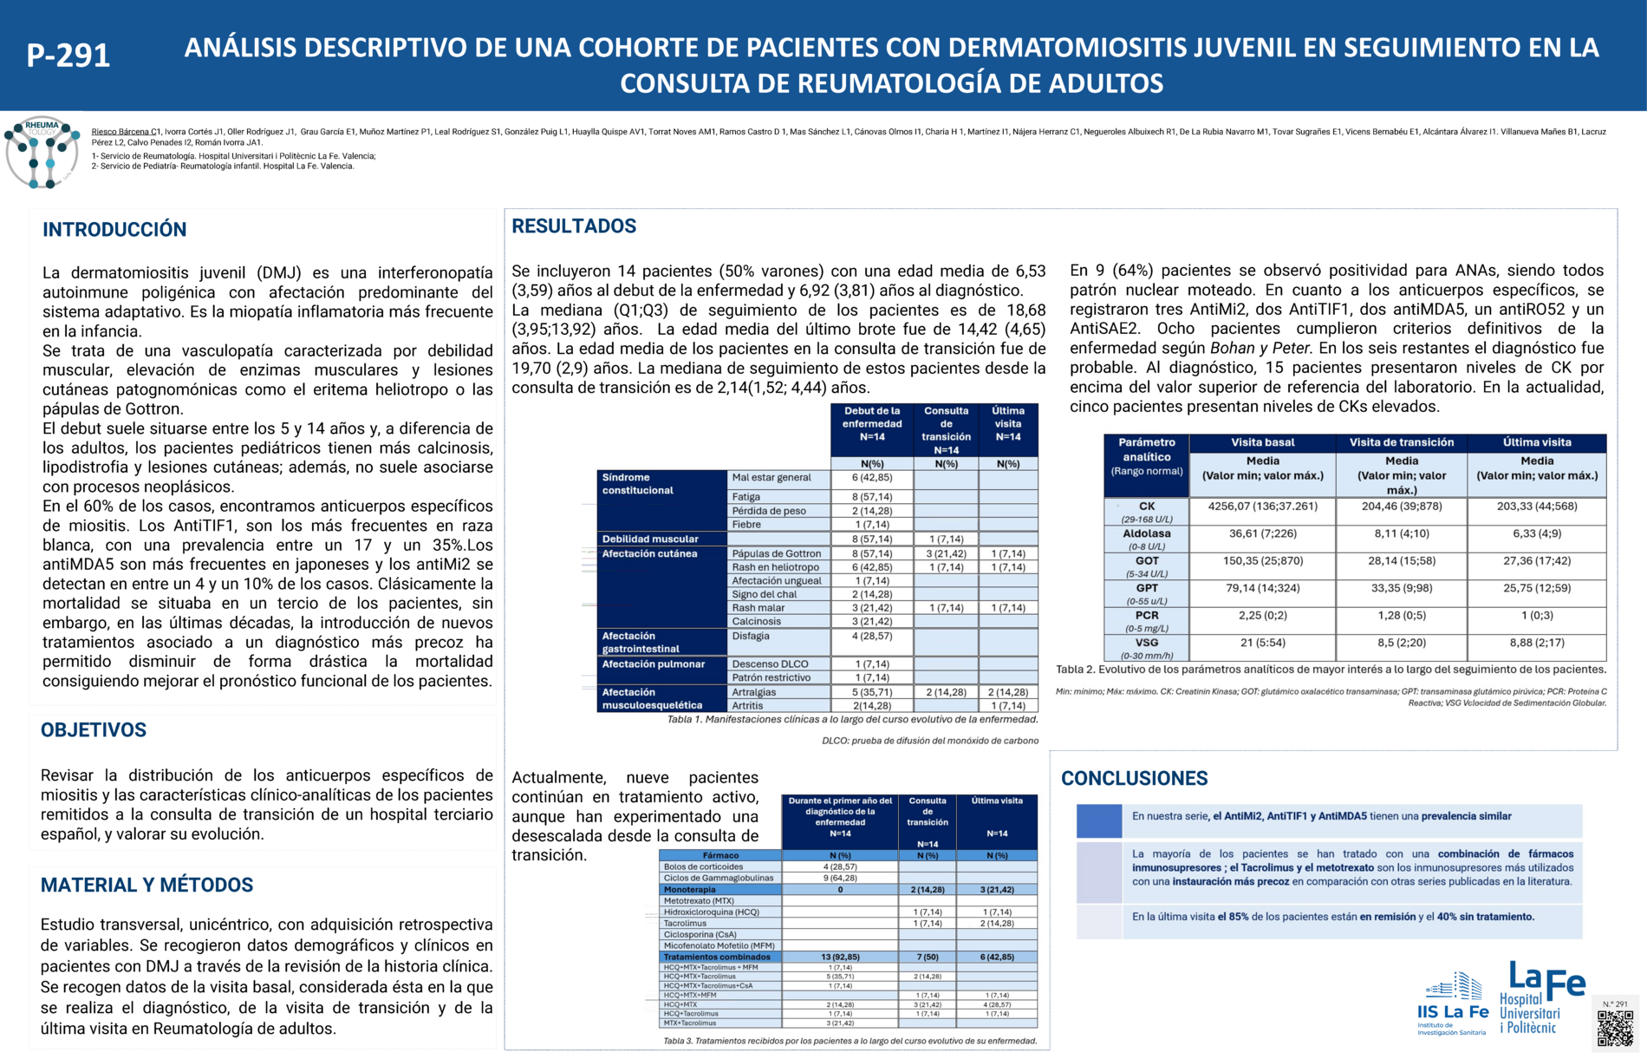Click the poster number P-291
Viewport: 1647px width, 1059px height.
[x=68, y=56]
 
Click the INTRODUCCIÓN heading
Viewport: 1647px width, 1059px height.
[x=114, y=230]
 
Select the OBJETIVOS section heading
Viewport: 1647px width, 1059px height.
[x=94, y=730]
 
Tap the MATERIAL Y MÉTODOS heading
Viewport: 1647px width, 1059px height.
[x=146, y=886]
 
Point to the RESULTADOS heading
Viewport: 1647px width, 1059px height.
[x=574, y=226]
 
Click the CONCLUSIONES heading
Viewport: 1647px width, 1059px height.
[x=1134, y=779]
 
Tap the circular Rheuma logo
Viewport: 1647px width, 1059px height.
[x=42, y=153]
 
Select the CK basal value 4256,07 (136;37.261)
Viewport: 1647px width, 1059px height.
[x=1262, y=507]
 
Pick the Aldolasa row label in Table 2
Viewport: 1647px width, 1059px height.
[x=1146, y=534]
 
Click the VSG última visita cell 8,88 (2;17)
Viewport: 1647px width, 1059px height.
[x=1536, y=643]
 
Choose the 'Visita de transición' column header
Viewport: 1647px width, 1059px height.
[x=1401, y=442]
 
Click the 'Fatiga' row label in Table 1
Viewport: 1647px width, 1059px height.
[x=746, y=497]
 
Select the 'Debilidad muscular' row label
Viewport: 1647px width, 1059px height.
[x=650, y=539]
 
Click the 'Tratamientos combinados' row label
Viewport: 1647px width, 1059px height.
[x=717, y=958]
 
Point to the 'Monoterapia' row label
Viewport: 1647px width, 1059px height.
[x=690, y=890]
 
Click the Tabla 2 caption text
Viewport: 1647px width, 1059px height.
[x=1331, y=670]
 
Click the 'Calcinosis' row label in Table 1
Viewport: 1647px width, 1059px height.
[x=756, y=622]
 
